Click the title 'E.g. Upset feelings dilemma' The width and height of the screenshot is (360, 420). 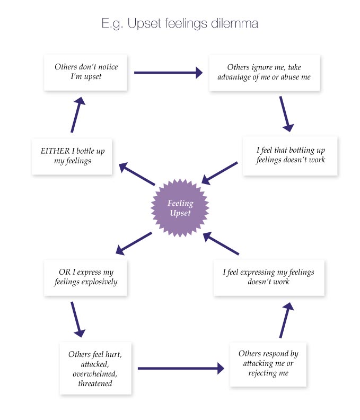[180, 24]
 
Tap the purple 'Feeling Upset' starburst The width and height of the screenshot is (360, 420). [180, 208]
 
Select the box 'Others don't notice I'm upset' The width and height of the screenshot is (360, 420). [86, 72]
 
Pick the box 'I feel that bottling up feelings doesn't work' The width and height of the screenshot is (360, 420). [290, 155]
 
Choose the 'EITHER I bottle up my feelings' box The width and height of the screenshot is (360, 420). [72, 156]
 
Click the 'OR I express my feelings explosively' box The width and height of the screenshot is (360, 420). [85, 277]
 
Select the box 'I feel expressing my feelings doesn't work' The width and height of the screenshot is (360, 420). [268, 277]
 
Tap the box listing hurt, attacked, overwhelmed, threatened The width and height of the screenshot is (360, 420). [95, 368]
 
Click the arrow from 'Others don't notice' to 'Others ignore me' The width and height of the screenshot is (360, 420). [168, 73]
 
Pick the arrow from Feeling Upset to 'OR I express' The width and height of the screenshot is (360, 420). [134, 242]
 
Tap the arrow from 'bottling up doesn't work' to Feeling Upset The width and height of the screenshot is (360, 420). [219, 173]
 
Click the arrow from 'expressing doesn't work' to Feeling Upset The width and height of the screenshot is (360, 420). [222, 243]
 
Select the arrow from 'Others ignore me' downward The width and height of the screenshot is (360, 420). [286, 113]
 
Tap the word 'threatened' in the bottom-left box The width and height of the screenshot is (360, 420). [95, 383]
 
